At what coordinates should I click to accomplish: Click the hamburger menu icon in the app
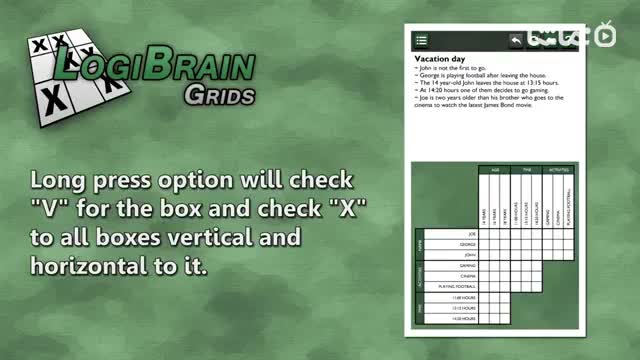421,40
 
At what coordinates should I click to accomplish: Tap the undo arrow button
517,40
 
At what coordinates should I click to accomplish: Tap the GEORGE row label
466,243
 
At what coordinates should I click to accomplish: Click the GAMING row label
466,265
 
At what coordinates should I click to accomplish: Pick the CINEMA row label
466,276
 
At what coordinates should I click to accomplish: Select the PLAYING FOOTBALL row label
459,287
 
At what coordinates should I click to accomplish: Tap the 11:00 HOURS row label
462,298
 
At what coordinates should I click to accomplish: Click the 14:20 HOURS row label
462,320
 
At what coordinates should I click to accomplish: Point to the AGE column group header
494,170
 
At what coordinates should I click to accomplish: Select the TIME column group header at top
527,170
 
